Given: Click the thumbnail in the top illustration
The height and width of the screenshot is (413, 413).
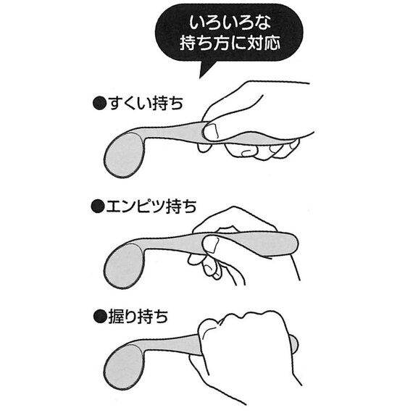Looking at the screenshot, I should click(x=212, y=131).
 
